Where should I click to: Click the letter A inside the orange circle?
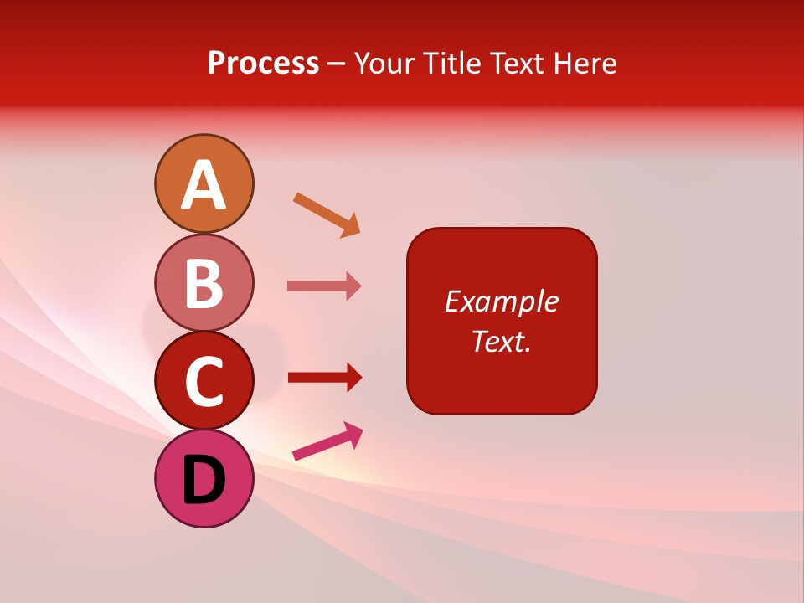(x=204, y=185)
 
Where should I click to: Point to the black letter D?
(x=204, y=482)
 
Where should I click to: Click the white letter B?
(x=204, y=283)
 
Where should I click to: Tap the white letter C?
(x=204, y=382)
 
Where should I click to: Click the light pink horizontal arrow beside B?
(x=323, y=286)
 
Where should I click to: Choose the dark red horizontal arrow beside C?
(x=323, y=377)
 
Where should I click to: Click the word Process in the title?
(x=263, y=64)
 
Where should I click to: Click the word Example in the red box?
(x=501, y=301)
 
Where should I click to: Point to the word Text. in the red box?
(x=501, y=341)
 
